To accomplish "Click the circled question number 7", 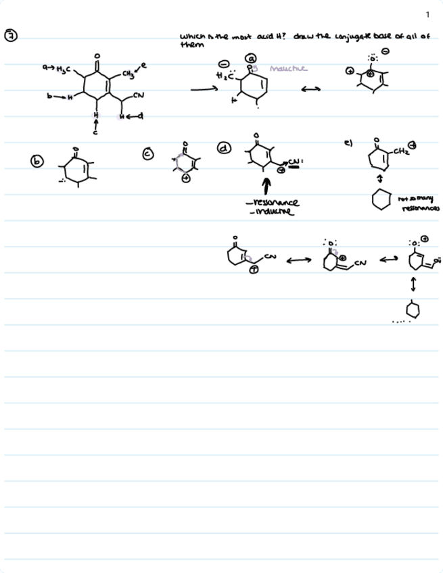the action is (11, 36).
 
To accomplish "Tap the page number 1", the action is (428, 15).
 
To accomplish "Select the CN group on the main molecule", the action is (139, 96).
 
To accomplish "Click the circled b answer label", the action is (37, 161).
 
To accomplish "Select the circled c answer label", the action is (148, 155).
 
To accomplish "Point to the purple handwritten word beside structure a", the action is (288, 68).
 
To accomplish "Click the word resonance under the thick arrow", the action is (275, 203).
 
